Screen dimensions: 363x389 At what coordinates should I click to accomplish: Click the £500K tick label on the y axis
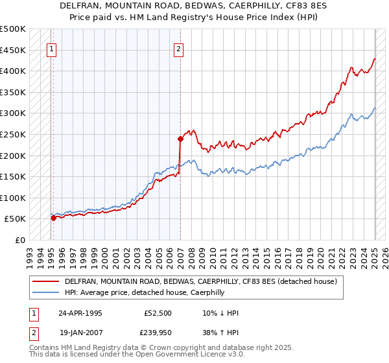[x=13, y=29]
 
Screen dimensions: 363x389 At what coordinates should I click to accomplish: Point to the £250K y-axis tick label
[x=13, y=134]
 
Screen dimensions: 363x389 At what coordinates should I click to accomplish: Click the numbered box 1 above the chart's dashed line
[x=51, y=47]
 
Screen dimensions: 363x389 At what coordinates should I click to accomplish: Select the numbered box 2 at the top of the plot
[x=178, y=47]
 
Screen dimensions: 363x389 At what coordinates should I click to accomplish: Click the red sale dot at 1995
[x=53, y=218]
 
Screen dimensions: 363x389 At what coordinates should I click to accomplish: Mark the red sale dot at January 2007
[x=180, y=138]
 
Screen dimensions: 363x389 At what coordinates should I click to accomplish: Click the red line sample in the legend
[x=45, y=282]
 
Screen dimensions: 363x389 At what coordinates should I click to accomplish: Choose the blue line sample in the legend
[x=45, y=292]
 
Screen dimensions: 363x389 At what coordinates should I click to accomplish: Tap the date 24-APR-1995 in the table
[x=80, y=313]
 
